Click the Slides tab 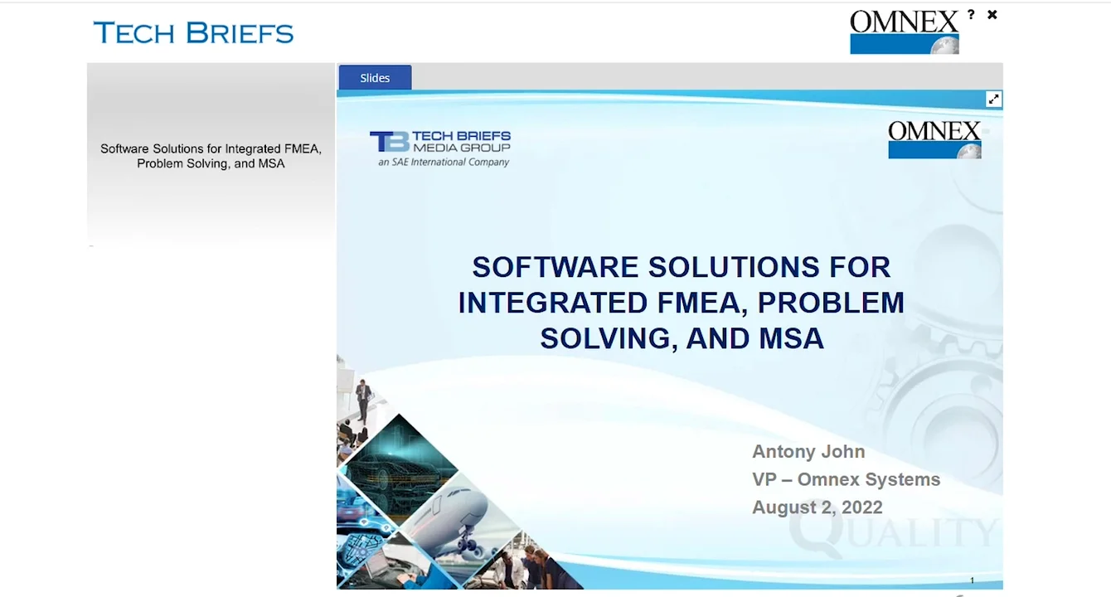[375, 78]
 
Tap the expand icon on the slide [993, 99]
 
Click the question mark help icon [971, 15]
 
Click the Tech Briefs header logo [194, 33]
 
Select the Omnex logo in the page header [904, 32]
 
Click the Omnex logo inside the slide [934, 139]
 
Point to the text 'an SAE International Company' [444, 163]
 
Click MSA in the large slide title [791, 338]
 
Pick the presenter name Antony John [808, 452]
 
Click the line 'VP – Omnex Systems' [846, 479]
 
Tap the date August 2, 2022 [817, 507]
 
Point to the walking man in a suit [362, 400]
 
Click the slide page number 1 [973, 580]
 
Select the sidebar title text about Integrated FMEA [211, 156]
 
